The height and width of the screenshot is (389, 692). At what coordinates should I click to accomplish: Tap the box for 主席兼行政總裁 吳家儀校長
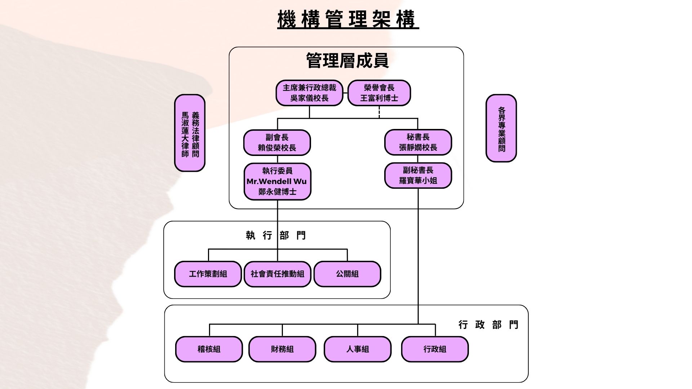[309, 93]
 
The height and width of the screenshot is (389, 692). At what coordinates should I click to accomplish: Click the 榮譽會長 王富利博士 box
[379, 93]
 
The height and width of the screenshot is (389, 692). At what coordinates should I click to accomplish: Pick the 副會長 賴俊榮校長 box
[277, 143]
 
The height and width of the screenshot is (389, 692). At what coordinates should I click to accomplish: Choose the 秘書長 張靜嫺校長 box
[418, 142]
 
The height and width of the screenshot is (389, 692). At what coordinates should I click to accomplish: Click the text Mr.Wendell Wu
[277, 181]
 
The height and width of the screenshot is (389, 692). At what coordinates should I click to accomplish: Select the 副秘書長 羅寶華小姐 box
[418, 175]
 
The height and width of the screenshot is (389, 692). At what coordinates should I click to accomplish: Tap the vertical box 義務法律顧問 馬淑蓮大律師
[190, 133]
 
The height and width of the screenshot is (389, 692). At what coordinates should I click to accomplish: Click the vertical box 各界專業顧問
[501, 129]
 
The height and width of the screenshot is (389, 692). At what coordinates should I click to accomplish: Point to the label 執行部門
[276, 236]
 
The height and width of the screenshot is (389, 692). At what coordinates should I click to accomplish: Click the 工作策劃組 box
[208, 274]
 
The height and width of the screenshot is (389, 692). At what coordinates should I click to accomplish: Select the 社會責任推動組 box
[277, 274]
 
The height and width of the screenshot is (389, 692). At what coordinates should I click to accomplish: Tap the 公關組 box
[347, 274]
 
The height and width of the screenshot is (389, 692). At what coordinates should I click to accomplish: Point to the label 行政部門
[488, 325]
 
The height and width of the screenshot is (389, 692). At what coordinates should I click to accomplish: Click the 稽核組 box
[209, 349]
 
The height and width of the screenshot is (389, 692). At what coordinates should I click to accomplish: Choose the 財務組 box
[282, 349]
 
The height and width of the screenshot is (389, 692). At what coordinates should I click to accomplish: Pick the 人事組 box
[358, 349]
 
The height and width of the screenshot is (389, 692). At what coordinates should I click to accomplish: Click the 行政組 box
[435, 349]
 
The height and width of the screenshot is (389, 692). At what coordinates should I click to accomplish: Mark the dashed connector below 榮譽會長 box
[379, 112]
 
